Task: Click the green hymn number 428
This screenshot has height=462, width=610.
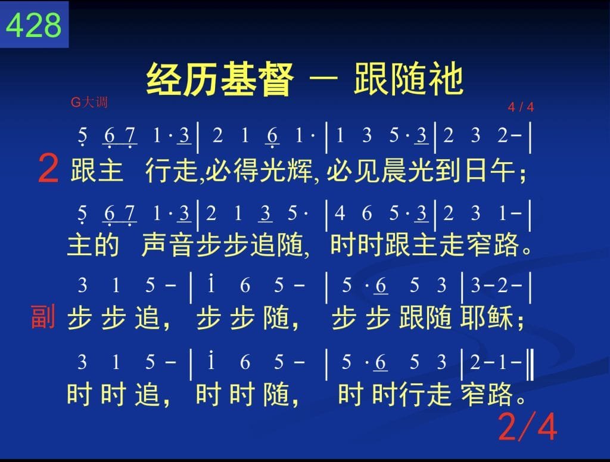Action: pyautogui.click(x=34, y=25)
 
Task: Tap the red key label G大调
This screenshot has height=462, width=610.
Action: pyautogui.click(x=89, y=103)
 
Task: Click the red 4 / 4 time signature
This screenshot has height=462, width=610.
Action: pyautogui.click(x=521, y=107)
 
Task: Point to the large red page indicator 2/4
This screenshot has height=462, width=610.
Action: pyautogui.click(x=528, y=427)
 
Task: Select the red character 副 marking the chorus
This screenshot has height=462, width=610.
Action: pyautogui.click(x=43, y=317)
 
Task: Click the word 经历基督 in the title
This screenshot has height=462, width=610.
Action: pyautogui.click(x=220, y=79)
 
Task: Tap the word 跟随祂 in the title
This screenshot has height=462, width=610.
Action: pyautogui.click(x=409, y=79)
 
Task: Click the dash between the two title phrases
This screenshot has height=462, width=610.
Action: pyautogui.click(x=323, y=77)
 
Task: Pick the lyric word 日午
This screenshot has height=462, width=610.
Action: pyautogui.click(x=490, y=170)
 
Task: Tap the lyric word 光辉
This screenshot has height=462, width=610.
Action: pyautogui.click(x=286, y=170)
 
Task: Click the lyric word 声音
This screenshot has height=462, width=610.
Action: pyautogui.click(x=167, y=245)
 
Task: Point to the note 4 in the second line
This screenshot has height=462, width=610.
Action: pyautogui.click(x=340, y=213)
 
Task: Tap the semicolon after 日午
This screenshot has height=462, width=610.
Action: pyautogui.click(x=522, y=175)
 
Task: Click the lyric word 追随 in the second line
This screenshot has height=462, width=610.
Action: pyautogui.click(x=277, y=245)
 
